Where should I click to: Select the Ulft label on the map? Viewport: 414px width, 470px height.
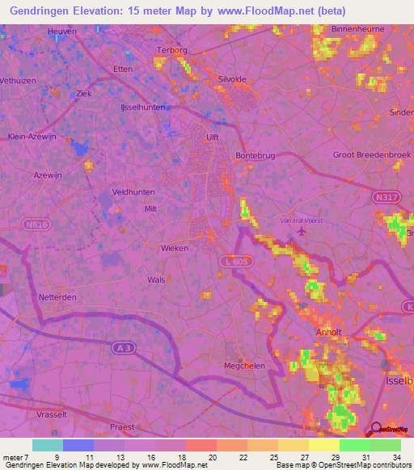[213, 137]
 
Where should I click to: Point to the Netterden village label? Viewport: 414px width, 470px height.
[57, 296]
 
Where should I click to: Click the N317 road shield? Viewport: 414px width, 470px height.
[385, 197]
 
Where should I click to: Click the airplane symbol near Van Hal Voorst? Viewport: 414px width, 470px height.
[302, 233]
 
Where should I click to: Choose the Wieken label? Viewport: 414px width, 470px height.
[175, 248]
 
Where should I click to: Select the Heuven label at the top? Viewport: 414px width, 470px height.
[62, 31]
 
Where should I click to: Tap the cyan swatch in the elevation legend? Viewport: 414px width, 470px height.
[48, 445]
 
